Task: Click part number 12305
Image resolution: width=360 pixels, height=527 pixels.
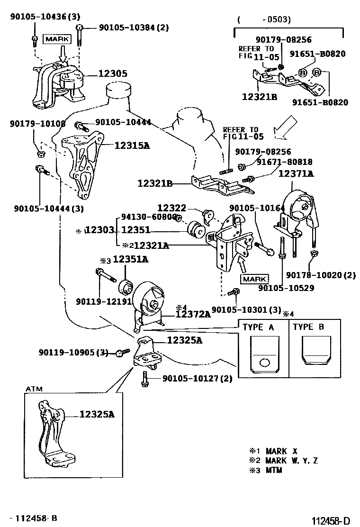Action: (113, 74)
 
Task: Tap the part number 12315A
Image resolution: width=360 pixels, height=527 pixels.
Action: (132, 145)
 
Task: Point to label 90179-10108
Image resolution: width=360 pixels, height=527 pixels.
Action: (37, 124)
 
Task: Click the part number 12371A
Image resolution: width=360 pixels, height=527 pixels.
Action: (296, 174)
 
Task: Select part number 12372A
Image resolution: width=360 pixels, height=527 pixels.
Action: (193, 314)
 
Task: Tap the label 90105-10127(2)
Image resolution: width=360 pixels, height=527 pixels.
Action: (198, 378)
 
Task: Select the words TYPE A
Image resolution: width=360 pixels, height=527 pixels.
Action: (258, 327)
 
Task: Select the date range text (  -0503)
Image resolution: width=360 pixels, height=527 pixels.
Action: (264, 19)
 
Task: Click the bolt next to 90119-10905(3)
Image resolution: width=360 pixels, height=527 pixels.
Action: (122, 352)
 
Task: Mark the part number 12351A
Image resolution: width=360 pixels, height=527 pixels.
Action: (130, 259)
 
